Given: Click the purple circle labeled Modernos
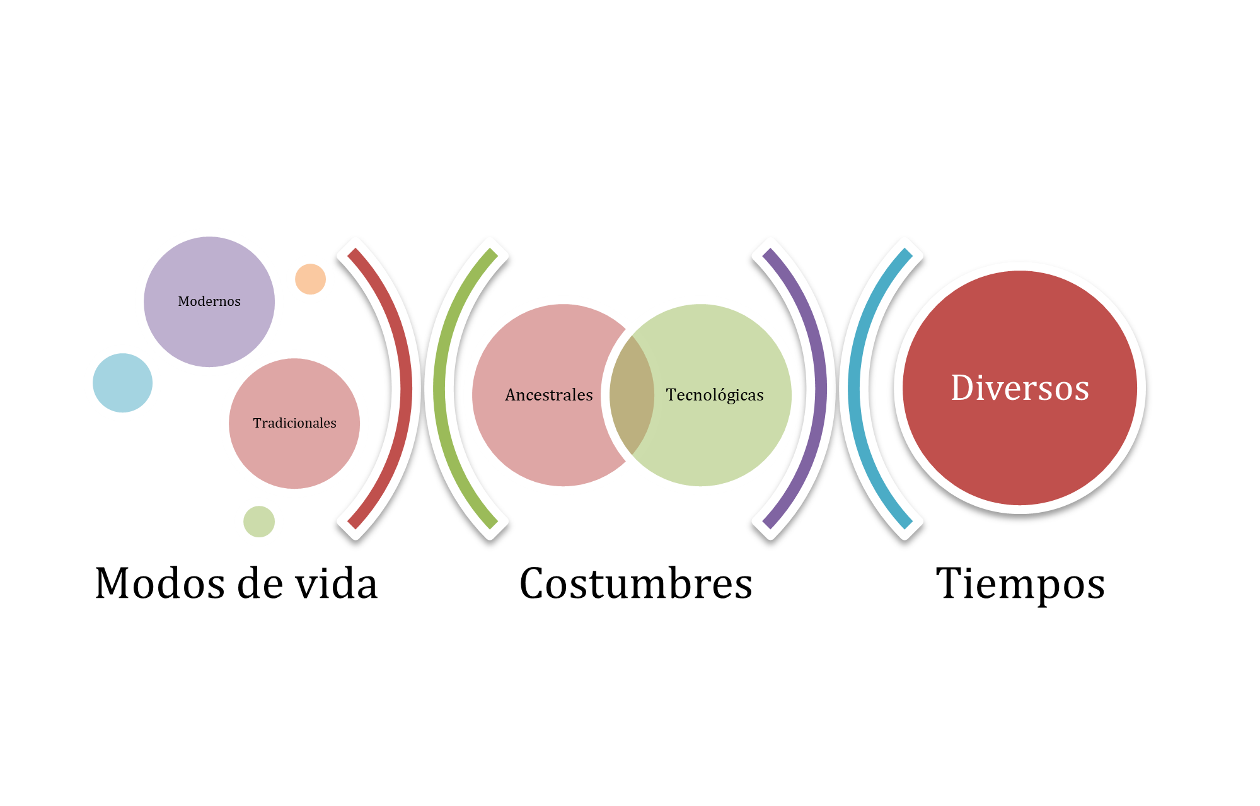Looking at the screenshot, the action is [x=209, y=301].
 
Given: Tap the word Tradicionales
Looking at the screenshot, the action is [x=294, y=423].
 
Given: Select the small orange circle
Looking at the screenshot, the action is [x=310, y=279].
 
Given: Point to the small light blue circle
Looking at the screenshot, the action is [x=122, y=383].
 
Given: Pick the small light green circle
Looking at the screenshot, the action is [x=259, y=522].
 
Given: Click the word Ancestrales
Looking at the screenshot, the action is [x=549, y=395].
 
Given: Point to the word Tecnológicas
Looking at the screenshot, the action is [x=715, y=395].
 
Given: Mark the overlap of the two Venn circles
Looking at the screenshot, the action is [x=632, y=395].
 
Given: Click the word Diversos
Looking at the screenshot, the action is [x=1020, y=388].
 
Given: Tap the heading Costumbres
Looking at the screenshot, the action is [x=636, y=583].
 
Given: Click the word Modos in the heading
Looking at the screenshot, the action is [x=160, y=583].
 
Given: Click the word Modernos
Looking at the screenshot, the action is [x=209, y=301].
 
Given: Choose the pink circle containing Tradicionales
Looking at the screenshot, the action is [x=294, y=424].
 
